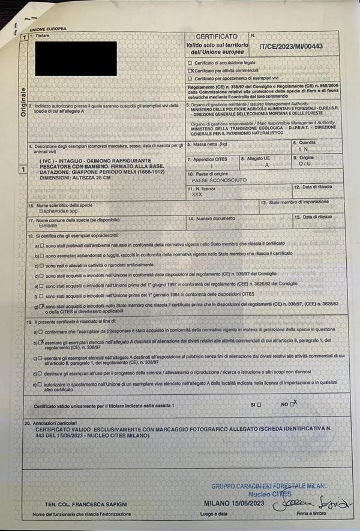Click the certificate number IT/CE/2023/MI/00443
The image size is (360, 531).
[290, 44]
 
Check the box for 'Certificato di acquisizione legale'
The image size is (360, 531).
[190, 62]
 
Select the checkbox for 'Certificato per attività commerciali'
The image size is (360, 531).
[190, 70]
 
